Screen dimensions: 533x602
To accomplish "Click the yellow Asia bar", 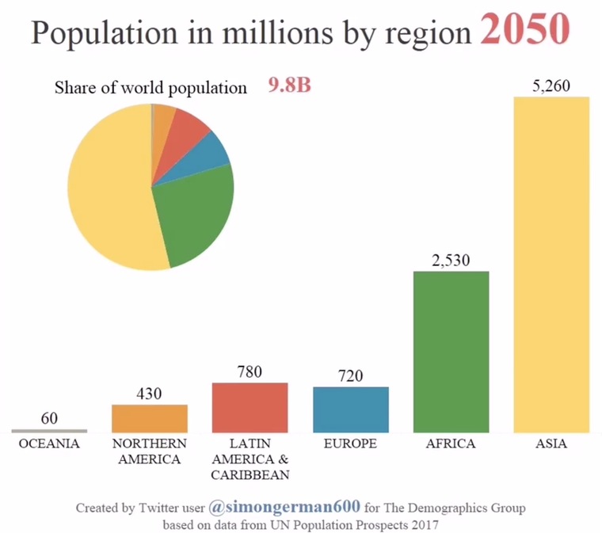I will click(x=551, y=265).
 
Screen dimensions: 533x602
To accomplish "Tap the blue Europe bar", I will click(x=350, y=409).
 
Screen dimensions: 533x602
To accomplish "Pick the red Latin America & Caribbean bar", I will click(x=250, y=407).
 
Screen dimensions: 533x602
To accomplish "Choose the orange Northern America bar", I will click(x=149, y=418).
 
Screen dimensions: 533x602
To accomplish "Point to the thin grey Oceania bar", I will click(x=49, y=431).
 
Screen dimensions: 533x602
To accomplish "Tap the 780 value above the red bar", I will click(x=250, y=371).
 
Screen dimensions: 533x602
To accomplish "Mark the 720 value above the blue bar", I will click(x=350, y=376).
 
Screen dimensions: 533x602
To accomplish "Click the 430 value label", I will click(x=149, y=394).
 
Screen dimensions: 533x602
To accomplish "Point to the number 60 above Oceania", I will click(x=49, y=418).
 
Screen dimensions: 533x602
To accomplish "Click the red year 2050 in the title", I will click(x=525, y=30).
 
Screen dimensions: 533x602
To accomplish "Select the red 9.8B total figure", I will click(x=289, y=86).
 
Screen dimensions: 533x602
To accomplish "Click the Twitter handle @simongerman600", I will click(x=284, y=506).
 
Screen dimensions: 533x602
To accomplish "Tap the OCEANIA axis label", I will click(x=49, y=444).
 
